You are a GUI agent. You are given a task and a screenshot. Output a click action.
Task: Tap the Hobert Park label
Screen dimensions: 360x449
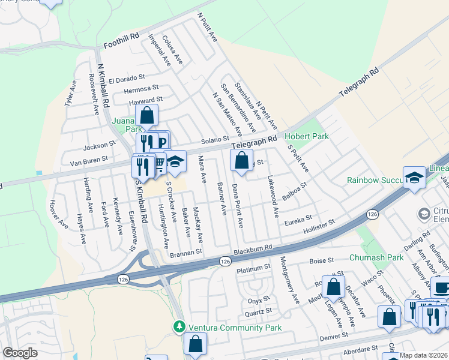click(307, 137)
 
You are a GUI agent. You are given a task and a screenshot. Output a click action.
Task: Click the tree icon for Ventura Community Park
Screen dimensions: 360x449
click(178, 327)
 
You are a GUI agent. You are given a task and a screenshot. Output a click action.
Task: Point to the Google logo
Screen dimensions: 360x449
click(20, 353)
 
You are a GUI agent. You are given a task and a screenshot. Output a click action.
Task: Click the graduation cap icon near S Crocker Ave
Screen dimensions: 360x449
click(175, 161)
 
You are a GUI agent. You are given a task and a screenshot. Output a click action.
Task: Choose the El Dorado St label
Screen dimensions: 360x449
click(127, 78)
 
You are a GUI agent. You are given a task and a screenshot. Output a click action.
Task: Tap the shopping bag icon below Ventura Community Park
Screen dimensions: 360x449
click(195, 344)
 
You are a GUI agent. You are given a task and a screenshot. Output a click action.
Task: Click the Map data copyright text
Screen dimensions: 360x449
click(424, 355)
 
